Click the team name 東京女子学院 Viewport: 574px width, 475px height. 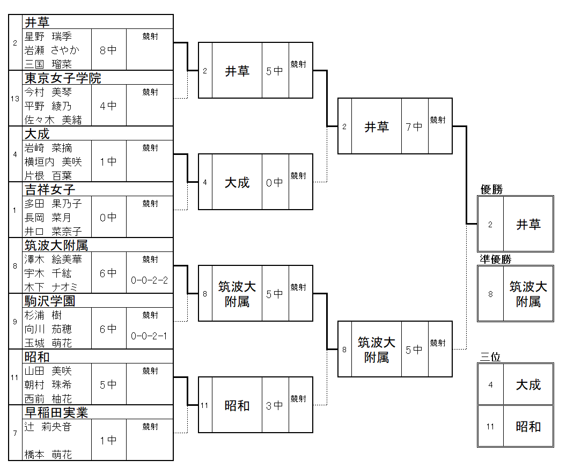tap(63, 78)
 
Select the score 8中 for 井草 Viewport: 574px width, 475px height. tap(108, 50)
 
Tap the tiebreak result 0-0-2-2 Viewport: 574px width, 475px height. tap(149, 280)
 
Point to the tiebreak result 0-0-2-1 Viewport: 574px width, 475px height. tap(149, 336)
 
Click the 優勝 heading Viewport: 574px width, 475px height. tap(492, 189)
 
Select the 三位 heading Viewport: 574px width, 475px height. tap(490, 357)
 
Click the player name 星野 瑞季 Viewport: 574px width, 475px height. tap(48, 36)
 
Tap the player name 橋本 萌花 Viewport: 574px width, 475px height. tap(48, 455)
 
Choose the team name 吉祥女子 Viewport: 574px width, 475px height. tap(50, 190)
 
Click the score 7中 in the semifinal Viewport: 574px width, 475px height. tap(414, 127)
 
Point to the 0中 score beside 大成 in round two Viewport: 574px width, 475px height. tap(275, 183)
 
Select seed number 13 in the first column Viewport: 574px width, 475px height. tap(16, 99)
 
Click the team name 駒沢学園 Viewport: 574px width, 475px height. tap(50, 301)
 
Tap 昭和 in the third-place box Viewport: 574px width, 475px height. tap(528, 427)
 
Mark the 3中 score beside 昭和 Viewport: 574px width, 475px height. tap(275, 406)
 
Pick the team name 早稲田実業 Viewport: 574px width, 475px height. tap(56, 413)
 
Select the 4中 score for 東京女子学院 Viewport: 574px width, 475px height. tap(108, 106)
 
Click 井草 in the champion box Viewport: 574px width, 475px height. tap(528, 225)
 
